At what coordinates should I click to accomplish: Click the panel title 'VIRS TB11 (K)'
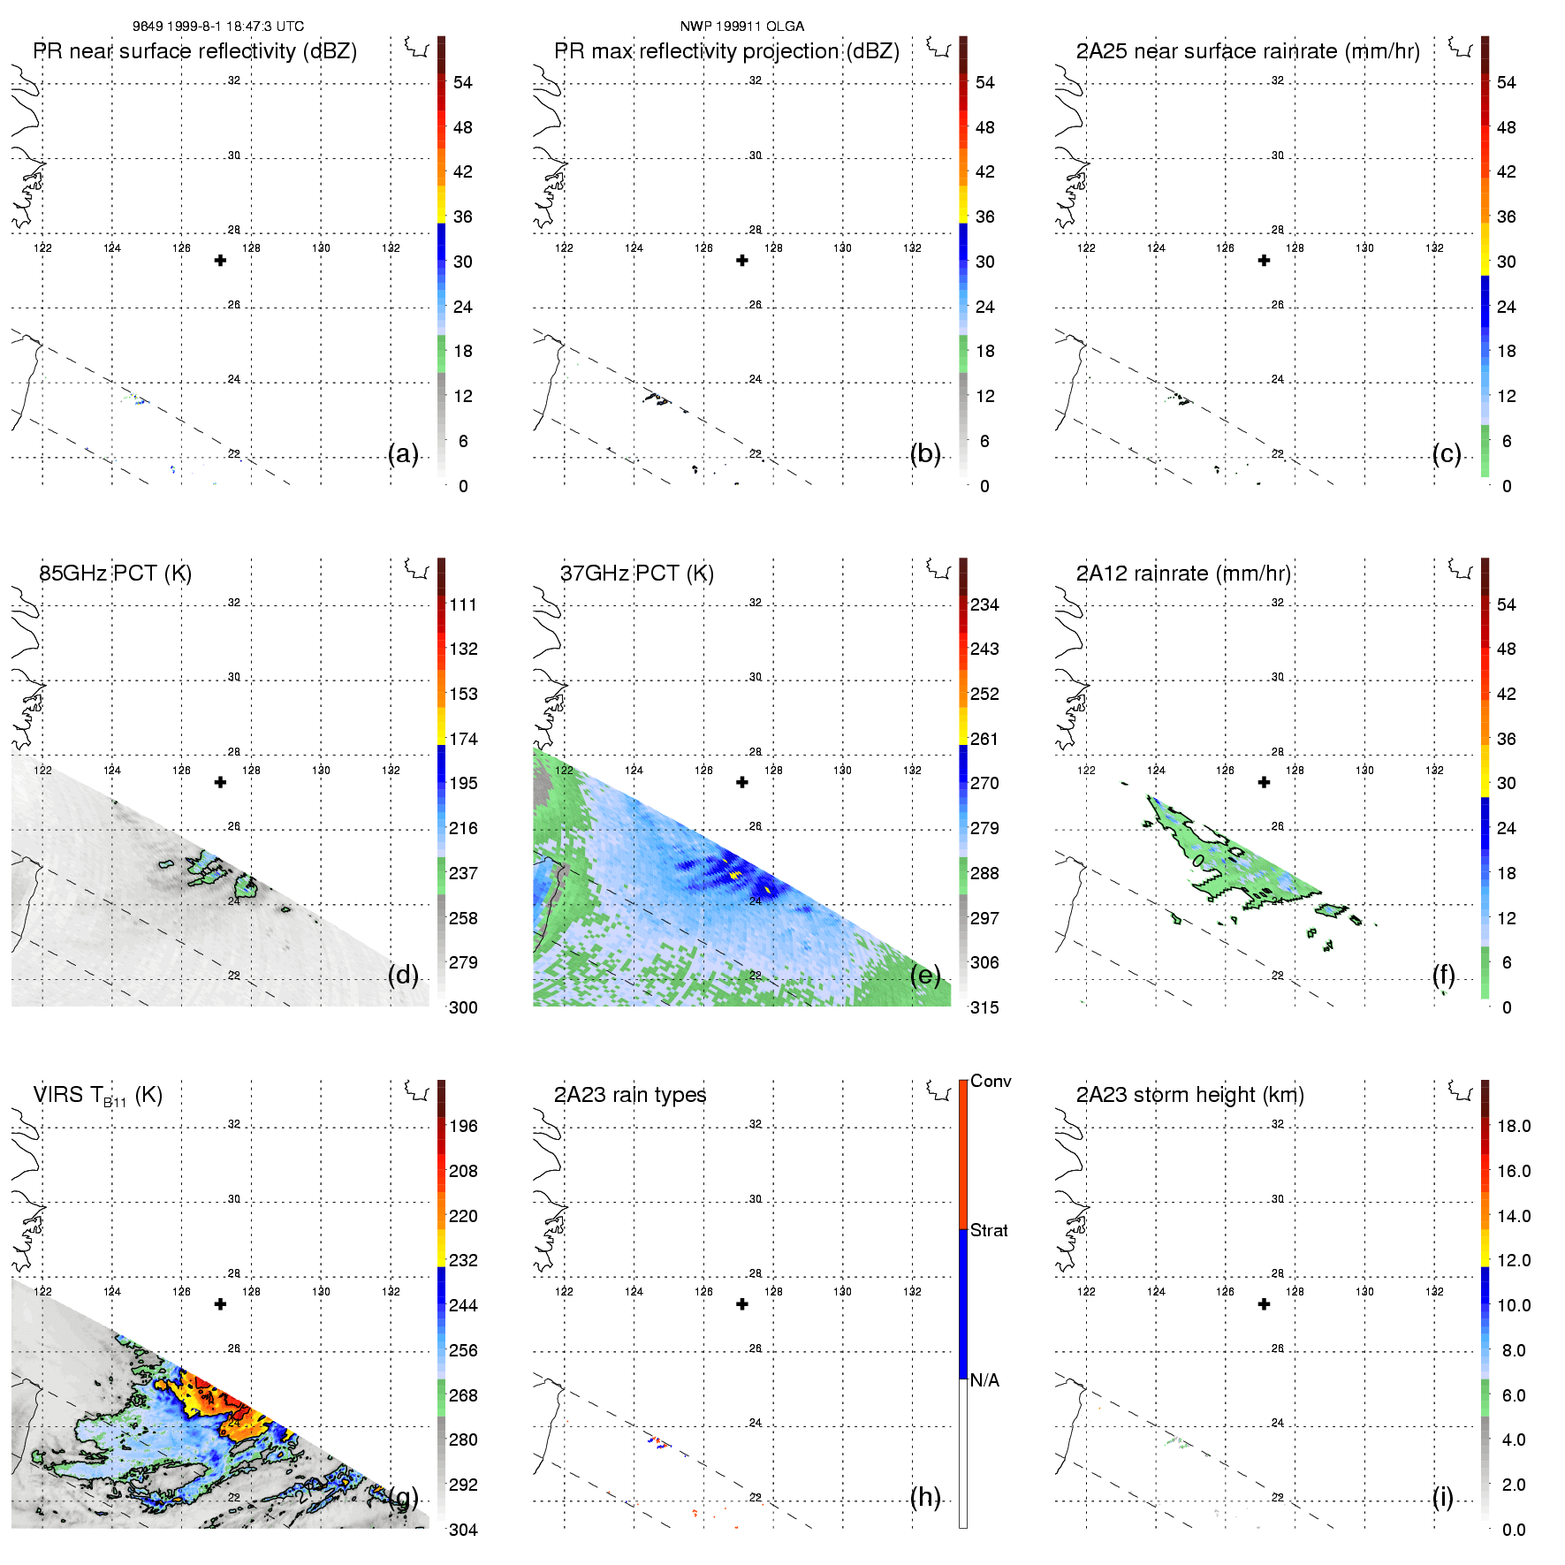point(97,1096)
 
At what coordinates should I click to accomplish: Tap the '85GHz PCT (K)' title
point(115,574)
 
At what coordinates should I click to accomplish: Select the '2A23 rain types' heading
point(630,1095)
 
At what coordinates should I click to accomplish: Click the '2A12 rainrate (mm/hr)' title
point(1183,574)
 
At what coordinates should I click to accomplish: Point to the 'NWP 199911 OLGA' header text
point(741,27)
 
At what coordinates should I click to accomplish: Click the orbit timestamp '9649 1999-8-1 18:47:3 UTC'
point(218,27)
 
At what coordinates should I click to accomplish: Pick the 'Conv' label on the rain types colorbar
point(991,1081)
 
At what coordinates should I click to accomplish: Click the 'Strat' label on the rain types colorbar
point(989,1230)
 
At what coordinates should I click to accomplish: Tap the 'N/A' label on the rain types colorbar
point(984,1380)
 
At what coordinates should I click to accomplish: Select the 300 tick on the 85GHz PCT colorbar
point(463,1007)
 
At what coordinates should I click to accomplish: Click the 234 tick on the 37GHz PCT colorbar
point(984,604)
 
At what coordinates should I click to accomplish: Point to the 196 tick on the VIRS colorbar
point(463,1126)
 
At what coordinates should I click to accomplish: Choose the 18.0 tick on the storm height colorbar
point(1513,1126)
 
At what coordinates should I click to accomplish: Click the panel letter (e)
point(925,975)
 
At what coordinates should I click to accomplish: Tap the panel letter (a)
point(403,453)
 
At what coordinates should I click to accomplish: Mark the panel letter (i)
point(1442,1497)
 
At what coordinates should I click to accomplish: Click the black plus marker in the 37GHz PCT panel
point(742,782)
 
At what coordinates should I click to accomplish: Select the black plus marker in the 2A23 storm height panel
point(1264,1304)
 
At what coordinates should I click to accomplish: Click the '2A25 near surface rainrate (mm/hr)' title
point(1248,51)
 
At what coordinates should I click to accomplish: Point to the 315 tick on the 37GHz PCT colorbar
point(984,1007)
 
